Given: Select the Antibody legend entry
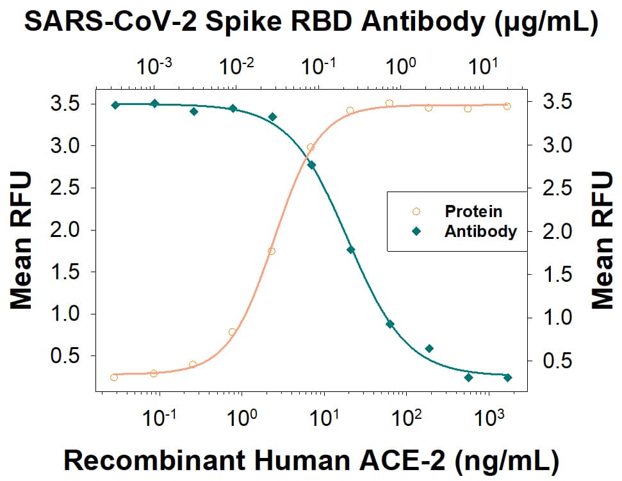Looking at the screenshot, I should coord(480,232).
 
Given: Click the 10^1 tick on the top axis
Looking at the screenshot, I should coord(483,65).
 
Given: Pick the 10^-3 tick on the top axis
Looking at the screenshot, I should coord(154,65).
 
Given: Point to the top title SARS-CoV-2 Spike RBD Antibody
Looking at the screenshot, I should coord(311,23).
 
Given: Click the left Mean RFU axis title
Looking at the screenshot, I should coord(20,241).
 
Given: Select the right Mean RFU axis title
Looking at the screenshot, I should coord(603,241).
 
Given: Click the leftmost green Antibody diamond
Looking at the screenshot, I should coord(115,105).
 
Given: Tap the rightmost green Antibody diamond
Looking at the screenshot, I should coord(508,378).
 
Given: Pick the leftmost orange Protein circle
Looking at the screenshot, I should coord(114,377).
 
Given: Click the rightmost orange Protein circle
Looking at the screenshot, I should coord(507,106).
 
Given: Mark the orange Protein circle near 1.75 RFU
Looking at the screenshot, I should coord(272,252).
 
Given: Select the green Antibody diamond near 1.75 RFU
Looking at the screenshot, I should coord(350,250).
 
